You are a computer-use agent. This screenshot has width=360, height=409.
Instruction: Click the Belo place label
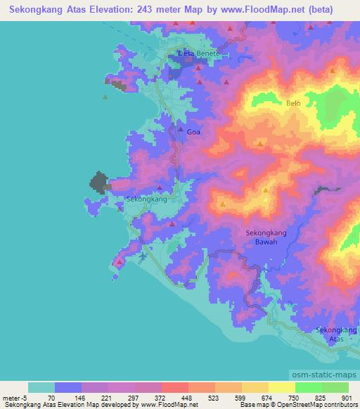click(293, 103)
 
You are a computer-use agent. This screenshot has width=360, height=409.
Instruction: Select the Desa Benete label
click(199, 53)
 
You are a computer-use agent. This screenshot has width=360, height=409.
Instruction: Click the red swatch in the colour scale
click(175, 388)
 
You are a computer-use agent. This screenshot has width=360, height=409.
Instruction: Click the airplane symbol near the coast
click(143, 257)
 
